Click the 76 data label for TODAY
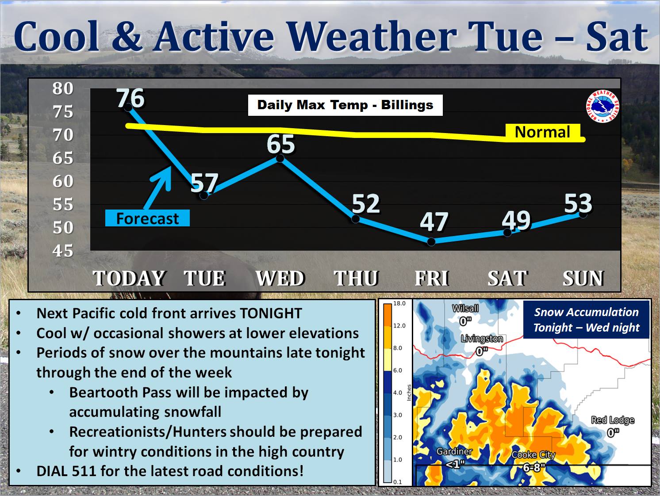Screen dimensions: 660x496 pos(131,98)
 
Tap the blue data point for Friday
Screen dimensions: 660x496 pos(431,241)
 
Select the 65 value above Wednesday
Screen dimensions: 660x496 pos(281,144)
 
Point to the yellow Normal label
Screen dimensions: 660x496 pos(543,132)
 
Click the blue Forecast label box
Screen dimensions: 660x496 pos(147,218)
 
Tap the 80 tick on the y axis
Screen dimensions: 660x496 pos(63,88)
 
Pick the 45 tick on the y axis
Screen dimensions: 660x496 pos(63,251)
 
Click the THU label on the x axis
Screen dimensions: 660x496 pos(356,278)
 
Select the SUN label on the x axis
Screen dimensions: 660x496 pos(583,278)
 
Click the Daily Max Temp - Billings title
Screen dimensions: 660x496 pos(345,105)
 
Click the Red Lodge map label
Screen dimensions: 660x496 pos(613,420)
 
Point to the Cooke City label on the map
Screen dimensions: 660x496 pos(533,455)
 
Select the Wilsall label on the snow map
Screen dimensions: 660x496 pos(465,308)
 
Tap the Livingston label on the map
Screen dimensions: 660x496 pos(482,339)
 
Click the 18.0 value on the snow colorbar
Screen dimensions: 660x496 pos(399,303)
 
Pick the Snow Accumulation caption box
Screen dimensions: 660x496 pos(586,320)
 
